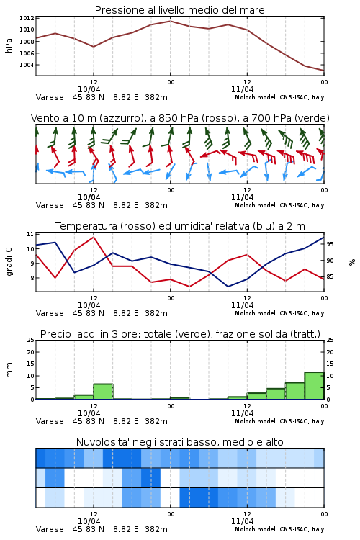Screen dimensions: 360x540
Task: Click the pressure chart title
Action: (x=179, y=10)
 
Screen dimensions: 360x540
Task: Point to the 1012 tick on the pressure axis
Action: (x=27, y=18)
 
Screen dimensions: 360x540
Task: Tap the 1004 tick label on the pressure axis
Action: (x=27, y=65)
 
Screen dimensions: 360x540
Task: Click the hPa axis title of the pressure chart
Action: (x=9, y=45)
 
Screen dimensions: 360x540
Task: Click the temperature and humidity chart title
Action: (x=180, y=226)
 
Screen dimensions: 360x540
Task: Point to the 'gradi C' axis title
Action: (x=9, y=262)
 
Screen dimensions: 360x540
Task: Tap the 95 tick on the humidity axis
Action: (x=330, y=244)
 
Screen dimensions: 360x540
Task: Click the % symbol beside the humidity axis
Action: (x=352, y=262)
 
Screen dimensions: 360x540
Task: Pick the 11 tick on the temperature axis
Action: (x=30, y=234)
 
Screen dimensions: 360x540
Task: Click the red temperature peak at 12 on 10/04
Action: (x=94, y=237)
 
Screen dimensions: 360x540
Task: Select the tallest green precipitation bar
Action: (x=314, y=386)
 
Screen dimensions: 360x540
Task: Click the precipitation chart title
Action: (x=180, y=334)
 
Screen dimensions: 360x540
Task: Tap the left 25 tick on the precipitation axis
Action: (x=31, y=340)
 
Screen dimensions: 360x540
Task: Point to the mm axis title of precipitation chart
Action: (x=9, y=369)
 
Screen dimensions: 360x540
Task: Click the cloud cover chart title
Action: (x=179, y=442)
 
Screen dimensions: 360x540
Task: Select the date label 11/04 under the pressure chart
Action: (x=242, y=89)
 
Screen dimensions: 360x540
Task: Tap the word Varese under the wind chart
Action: (x=50, y=205)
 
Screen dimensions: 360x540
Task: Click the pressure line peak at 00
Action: (x=170, y=21)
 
